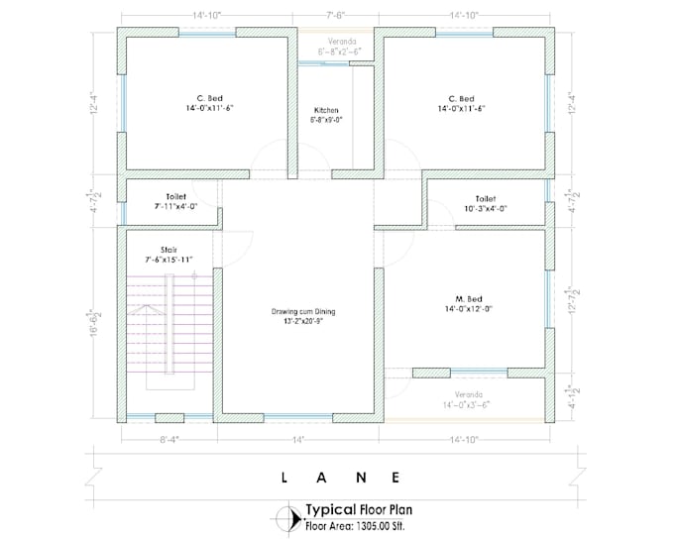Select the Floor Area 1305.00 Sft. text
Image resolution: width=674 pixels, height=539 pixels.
pos(359,526)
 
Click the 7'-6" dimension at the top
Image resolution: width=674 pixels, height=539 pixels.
pos(336,16)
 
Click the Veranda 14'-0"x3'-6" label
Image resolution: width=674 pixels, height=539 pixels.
pos(465,397)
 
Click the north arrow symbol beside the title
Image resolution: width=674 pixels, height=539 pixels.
pos(290,518)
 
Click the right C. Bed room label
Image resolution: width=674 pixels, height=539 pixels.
pos(460,98)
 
